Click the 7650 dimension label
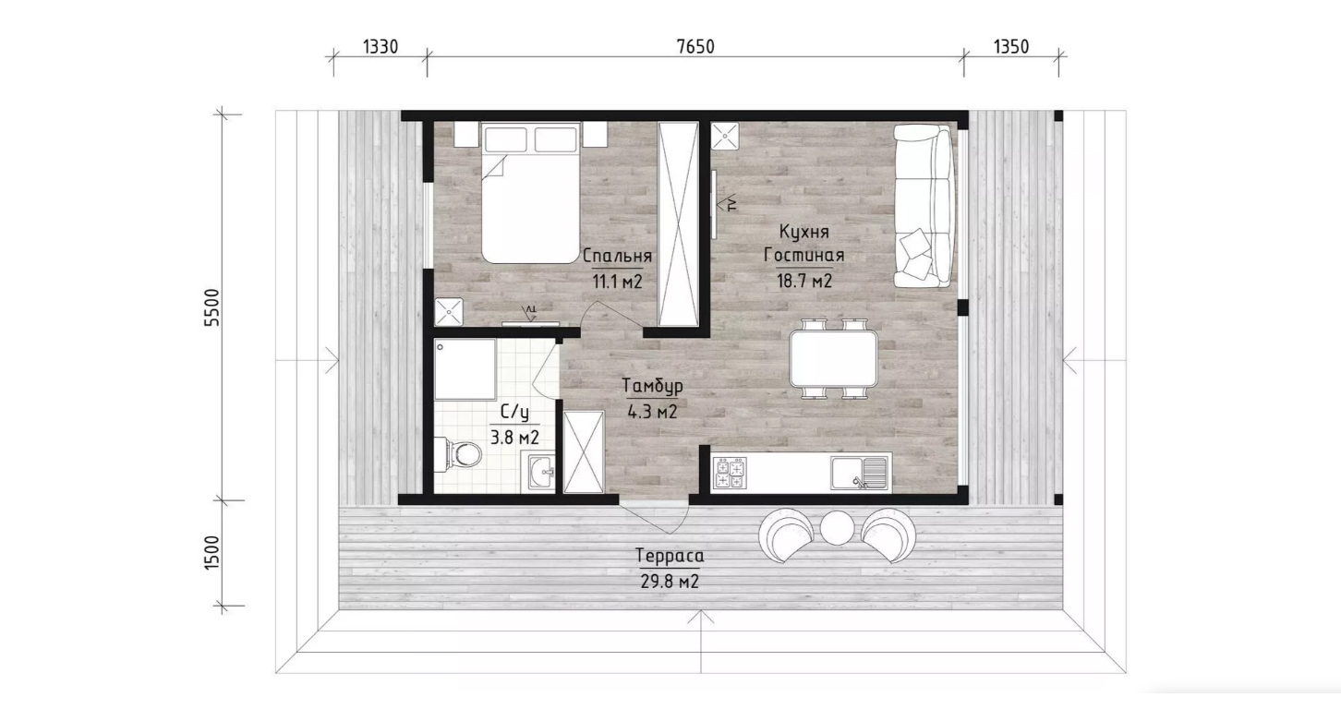click(x=695, y=47)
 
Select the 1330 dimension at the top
click(x=381, y=47)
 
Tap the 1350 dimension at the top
click(x=1011, y=47)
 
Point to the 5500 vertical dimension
click(x=212, y=307)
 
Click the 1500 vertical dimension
click(x=212, y=552)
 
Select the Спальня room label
click(x=617, y=256)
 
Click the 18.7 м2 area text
click(x=804, y=281)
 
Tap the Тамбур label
click(x=652, y=387)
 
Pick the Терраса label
click(x=670, y=556)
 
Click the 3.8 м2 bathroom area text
click(x=514, y=438)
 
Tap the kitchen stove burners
click(x=731, y=474)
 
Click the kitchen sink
click(x=860, y=474)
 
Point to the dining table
click(x=833, y=359)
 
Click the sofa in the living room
click(x=923, y=206)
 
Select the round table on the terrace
click(x=837, y=528)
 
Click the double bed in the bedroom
click(x=530, y=193)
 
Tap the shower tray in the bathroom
click(x=465, y=370)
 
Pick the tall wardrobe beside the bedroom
click(x=678, y=224)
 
